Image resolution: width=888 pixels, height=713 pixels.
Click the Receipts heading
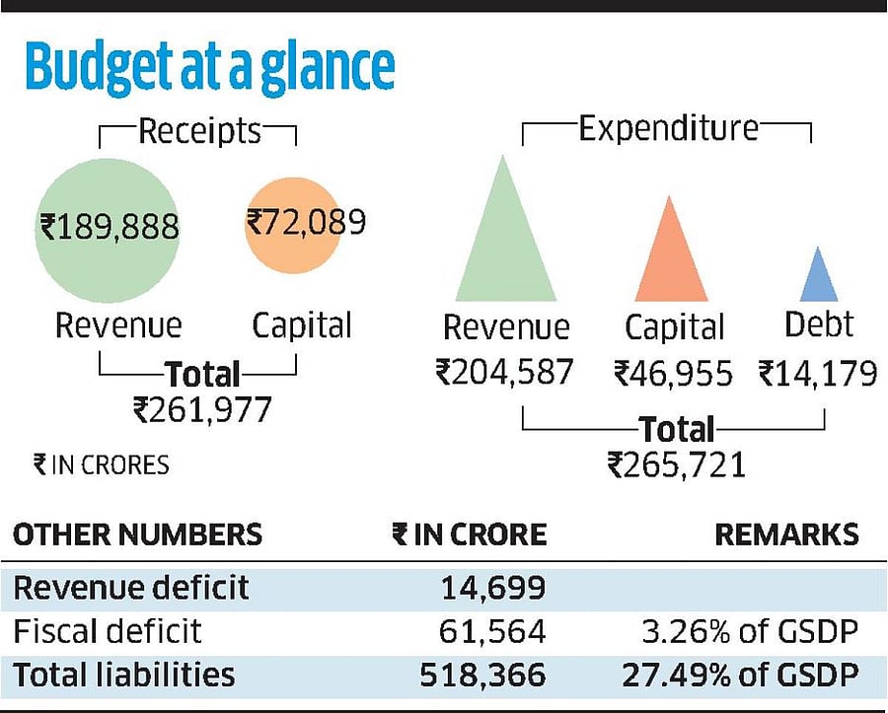coord(199,131)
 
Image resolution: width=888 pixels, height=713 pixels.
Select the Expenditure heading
coord(668,128)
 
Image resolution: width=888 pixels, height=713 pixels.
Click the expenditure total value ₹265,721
coord(676,463)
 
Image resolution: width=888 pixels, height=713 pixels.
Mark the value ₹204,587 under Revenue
coord(504,373)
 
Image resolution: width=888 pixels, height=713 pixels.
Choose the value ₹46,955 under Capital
coord(673,374)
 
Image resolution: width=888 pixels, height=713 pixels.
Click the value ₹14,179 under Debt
coord(817,374)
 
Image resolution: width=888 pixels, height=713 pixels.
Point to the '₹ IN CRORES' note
coord(101,463)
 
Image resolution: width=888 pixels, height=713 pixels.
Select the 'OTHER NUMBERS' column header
coord(137,535)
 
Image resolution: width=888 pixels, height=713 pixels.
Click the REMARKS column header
coord(786,535)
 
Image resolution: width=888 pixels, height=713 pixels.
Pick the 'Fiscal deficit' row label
coord(107,630)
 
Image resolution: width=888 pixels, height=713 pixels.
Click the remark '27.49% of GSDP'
coord(740,675)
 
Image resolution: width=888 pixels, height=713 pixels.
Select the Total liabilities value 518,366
coord(482,675)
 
